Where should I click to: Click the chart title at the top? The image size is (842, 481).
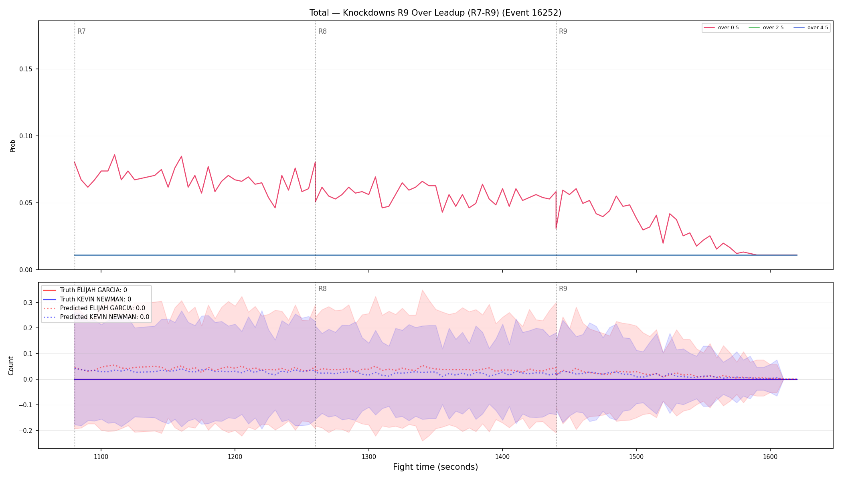click(435, 13)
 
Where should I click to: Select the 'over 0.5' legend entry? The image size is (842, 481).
click(721, 28)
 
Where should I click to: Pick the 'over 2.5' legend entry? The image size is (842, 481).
click(766, 28)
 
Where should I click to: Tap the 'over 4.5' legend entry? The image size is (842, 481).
click(811, 28)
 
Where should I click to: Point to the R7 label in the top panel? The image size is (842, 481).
click(81, 31)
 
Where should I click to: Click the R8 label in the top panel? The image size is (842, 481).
click(322, 31)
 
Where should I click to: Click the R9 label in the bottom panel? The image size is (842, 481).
click(563, 289)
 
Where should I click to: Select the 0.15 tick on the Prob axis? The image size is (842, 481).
click(26, 69)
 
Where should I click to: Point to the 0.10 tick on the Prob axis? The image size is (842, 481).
click(26, 136)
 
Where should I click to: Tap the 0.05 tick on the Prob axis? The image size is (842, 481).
click(26, 203)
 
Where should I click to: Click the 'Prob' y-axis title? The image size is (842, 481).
click(13, 146)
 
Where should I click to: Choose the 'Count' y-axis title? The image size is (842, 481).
click(11, 366)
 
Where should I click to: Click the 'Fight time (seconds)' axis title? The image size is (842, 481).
click(435, 467)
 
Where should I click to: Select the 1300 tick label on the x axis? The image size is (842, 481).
click(368, 457)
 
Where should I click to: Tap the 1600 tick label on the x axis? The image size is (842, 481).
click(770, 457)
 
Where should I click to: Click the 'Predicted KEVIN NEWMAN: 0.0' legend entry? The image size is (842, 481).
click(96, 317)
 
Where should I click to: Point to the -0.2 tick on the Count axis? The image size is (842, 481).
click(26, 430)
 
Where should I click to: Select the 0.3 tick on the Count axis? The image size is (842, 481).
click(28, 303)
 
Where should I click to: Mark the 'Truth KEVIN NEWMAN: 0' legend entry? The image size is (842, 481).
click(87, 299)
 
